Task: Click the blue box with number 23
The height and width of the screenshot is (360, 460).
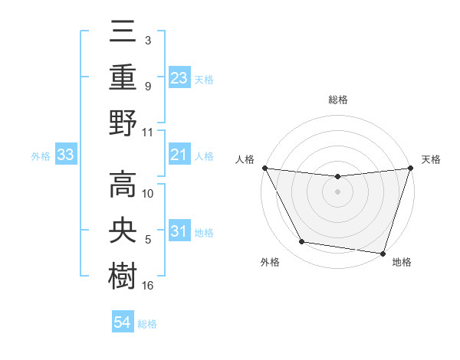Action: pyautogui.click(x=179, y=77)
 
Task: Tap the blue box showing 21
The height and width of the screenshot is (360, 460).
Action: pyautogui.click(x=179, y=155)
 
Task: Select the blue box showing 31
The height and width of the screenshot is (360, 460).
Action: pyautogui.click(x=179, y=232)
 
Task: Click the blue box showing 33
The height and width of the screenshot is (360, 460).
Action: pyautogui.click(x=65, y=155)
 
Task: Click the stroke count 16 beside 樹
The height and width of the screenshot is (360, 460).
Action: pyautogui.click(x=148, y=286)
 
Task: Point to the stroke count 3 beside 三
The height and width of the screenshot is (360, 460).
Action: pyautogui.click(x=147, y=38)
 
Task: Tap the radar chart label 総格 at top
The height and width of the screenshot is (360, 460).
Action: pyautogui.click(x=337, y=100)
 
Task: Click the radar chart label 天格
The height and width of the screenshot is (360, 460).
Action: pyautogui.click(x=431, y=159)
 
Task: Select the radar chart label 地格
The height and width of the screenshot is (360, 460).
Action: pyautogui.click(x=402, y=262)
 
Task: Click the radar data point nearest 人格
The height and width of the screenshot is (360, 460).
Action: pyautogui.click(x=264, y=168)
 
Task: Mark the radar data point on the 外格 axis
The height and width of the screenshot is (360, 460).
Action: pyautogui.click(x=301, y=242)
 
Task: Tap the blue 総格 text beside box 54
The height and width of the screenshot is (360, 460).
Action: pyautogui.click(x=147, y=323)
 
